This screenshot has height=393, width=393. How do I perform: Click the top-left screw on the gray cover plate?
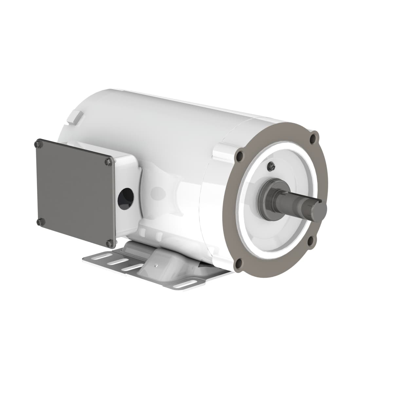tap(39, 144)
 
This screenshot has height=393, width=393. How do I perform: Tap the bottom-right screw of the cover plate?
tap(110, 243)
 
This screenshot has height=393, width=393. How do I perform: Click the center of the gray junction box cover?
tap(75, 193)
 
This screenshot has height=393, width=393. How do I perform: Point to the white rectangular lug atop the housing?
tap(75, 117)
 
